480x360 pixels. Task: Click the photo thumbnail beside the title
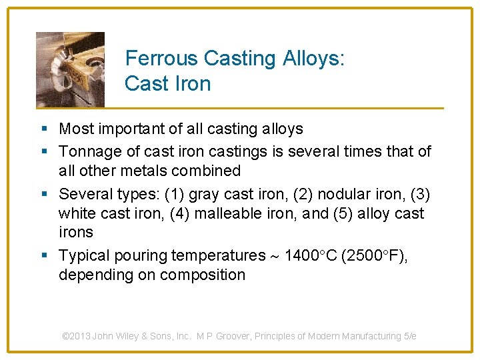70,69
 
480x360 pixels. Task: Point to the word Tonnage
89,152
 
